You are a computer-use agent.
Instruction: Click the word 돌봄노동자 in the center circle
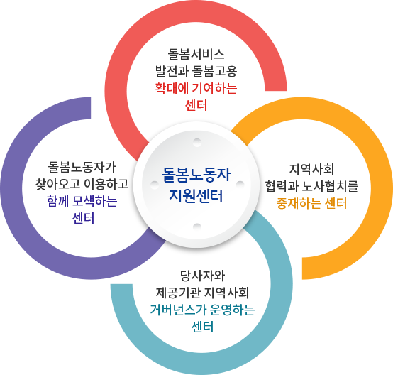(196, 175)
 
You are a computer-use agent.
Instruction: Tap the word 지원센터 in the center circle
(196, 196)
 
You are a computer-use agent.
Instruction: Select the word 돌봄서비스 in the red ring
(196, 54)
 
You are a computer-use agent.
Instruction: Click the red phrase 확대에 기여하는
(196, 88)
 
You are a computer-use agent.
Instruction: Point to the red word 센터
(196, 105)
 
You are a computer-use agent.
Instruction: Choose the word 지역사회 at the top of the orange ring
(311, 169)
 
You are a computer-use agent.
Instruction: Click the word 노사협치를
(330, 186)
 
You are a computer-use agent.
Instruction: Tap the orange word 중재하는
(299, 203)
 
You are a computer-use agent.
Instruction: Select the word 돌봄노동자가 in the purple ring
(82, 167)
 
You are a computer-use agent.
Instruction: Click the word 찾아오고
(58, 184)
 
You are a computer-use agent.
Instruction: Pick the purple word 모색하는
(95, 201)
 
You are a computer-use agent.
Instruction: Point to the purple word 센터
(83, 218)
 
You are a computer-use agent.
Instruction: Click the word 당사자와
(202, 276)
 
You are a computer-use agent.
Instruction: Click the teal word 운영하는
(233, 310)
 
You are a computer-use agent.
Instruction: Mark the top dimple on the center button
(197, 142)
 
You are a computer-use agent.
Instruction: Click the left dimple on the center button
(155, 185)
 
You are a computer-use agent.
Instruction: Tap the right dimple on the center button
(240, 185)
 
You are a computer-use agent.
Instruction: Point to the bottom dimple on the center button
(197, 227)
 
